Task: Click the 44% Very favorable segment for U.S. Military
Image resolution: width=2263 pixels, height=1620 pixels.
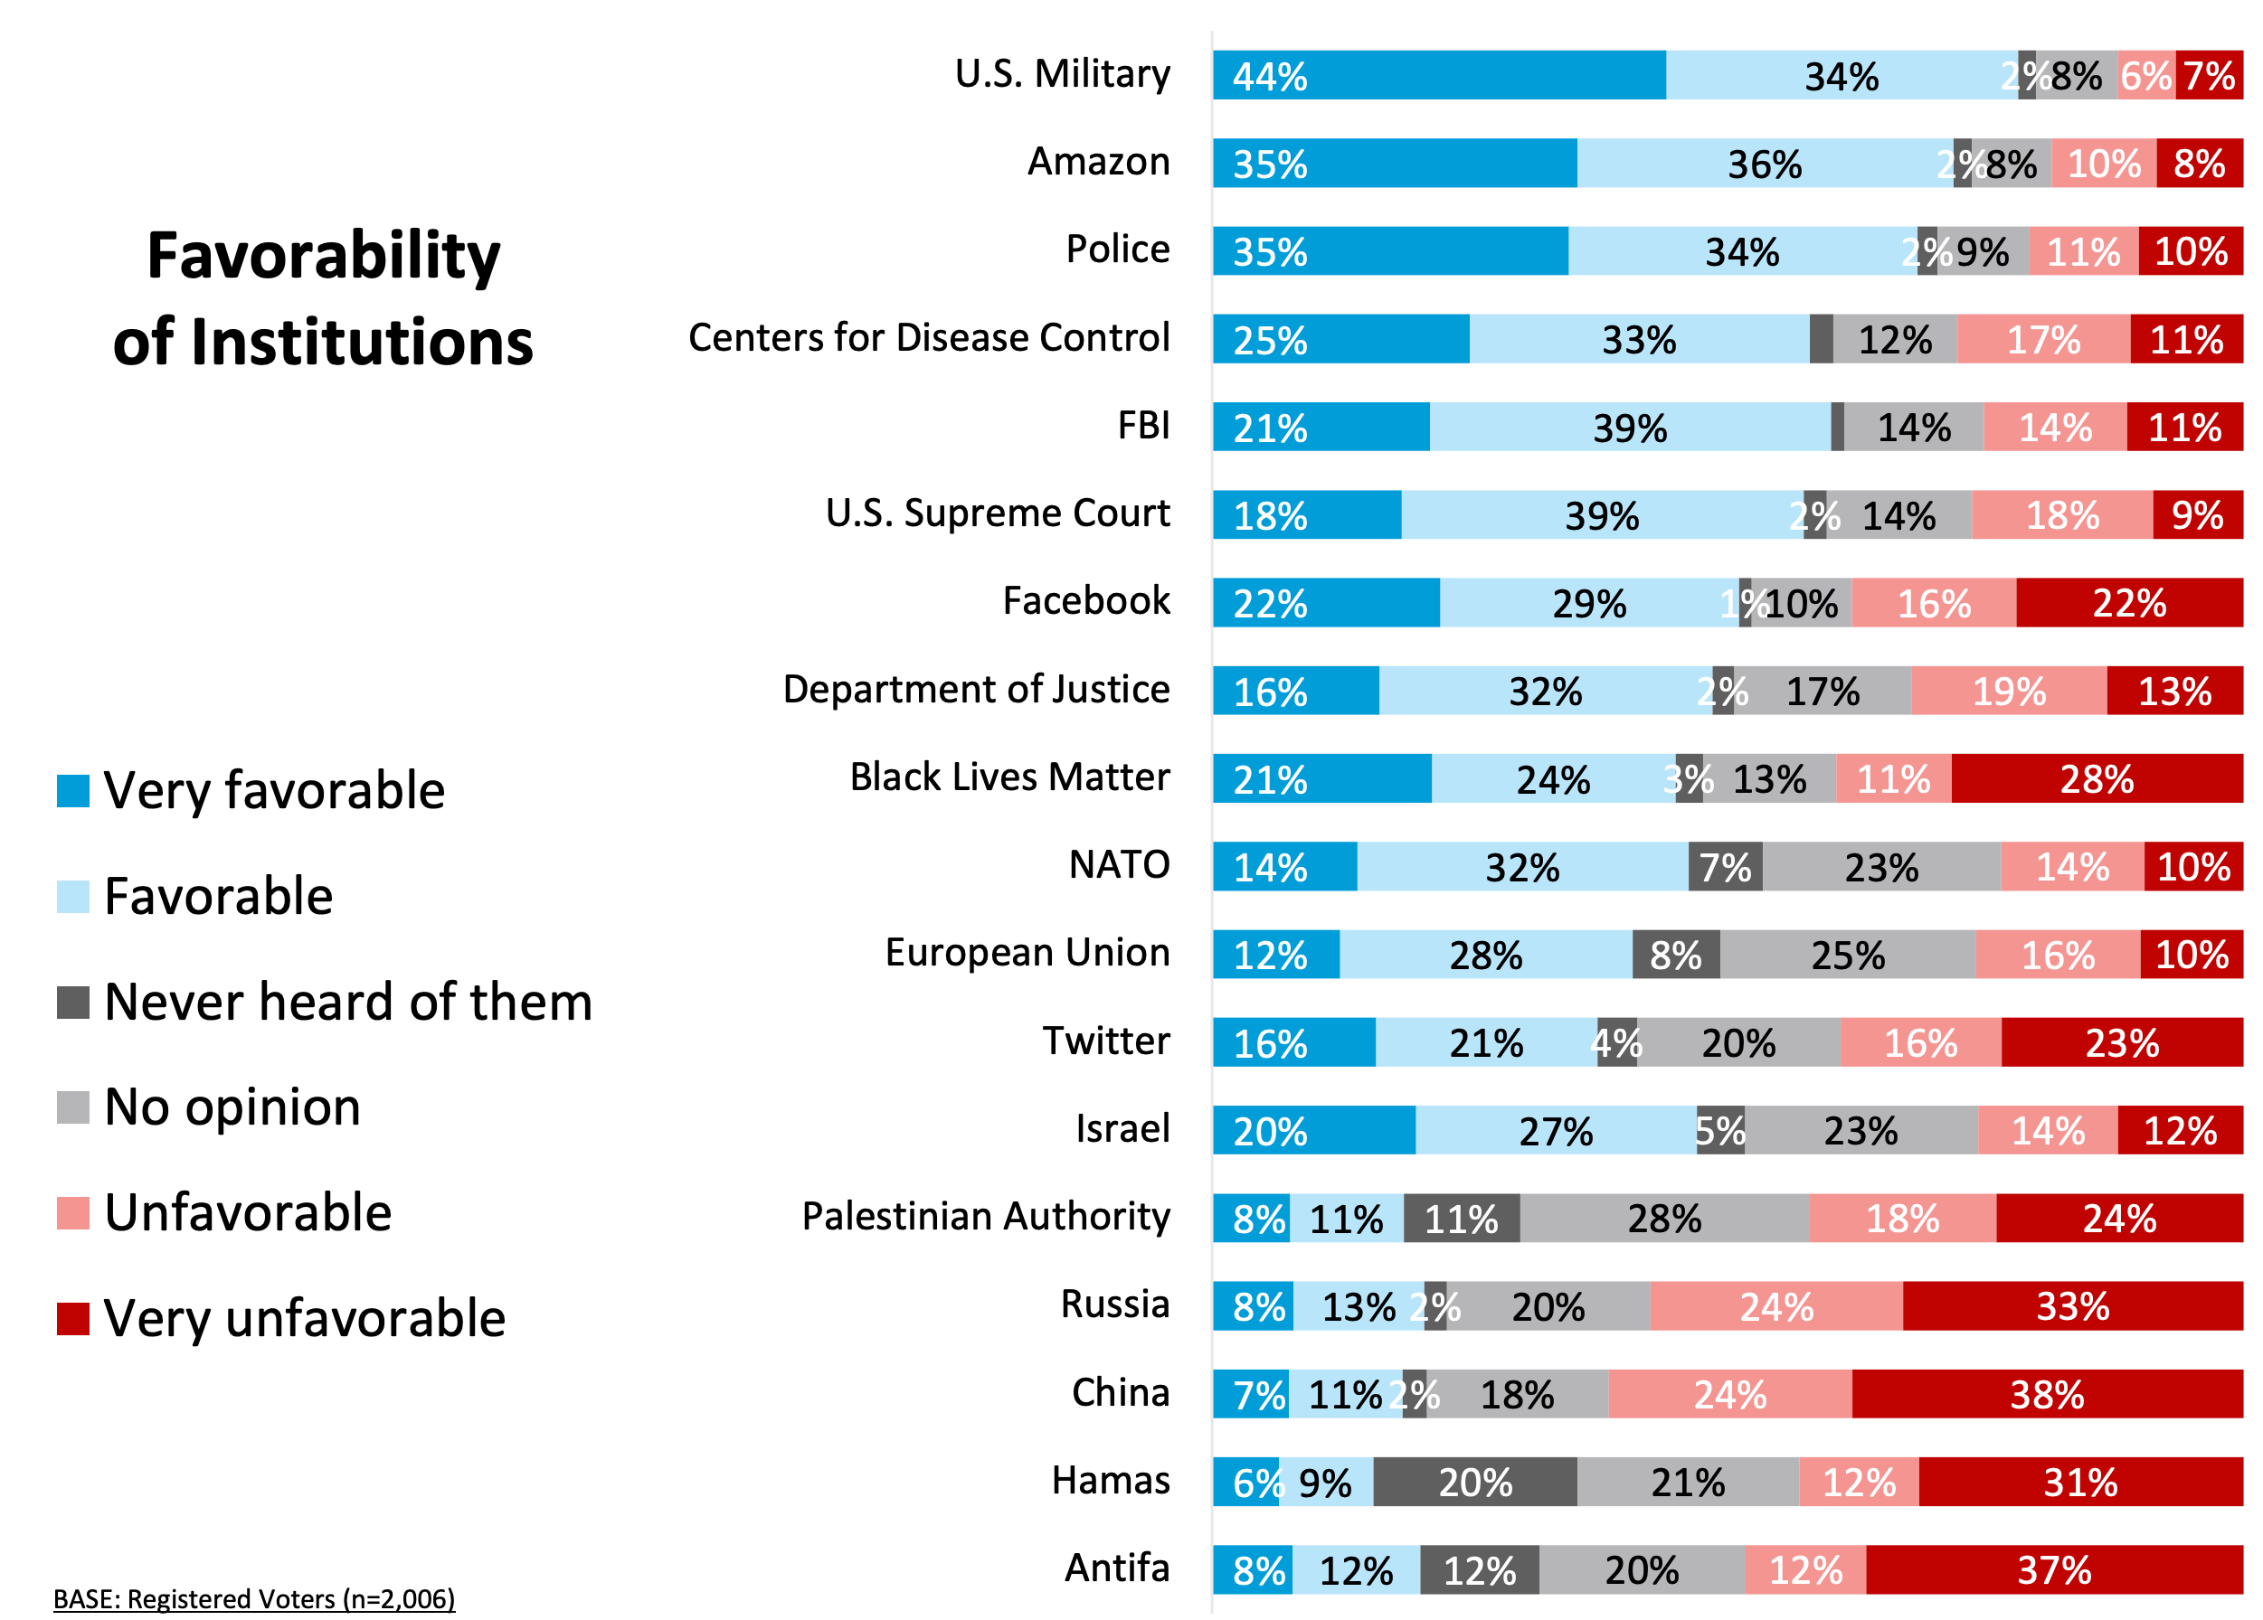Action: click(1439, 76)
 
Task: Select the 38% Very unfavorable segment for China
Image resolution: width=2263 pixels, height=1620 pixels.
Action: click(2047, 1395)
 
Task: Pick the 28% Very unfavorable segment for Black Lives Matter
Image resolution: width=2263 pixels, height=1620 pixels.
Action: click(2097, 779)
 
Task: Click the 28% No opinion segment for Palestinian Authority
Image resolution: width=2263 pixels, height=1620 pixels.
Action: click(1664, 1219)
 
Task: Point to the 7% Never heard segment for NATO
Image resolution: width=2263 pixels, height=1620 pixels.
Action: click(1725, 867)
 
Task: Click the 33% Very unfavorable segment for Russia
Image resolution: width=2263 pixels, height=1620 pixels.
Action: click(2072, 1307)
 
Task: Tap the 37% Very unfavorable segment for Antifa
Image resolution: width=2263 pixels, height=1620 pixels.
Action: click(2053, 1570)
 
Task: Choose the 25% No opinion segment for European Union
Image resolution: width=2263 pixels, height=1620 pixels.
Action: click(1848, 956)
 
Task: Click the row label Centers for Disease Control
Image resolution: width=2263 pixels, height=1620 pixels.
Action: click(928, 338)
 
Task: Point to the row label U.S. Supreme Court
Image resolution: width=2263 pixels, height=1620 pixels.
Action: click(997, 513)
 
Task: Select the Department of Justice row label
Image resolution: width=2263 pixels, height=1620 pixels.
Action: click(976, 689)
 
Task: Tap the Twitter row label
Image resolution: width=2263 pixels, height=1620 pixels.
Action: click(1105, 1041)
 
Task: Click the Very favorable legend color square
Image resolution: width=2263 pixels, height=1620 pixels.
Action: click(73, 791)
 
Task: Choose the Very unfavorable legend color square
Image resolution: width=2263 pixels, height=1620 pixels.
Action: click(73, 1319)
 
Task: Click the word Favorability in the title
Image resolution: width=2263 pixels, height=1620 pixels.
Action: click(323, 255)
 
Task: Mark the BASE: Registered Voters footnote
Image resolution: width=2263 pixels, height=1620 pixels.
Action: click(254, 1599)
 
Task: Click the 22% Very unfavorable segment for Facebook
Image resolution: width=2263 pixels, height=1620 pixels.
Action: click(2129, 604)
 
